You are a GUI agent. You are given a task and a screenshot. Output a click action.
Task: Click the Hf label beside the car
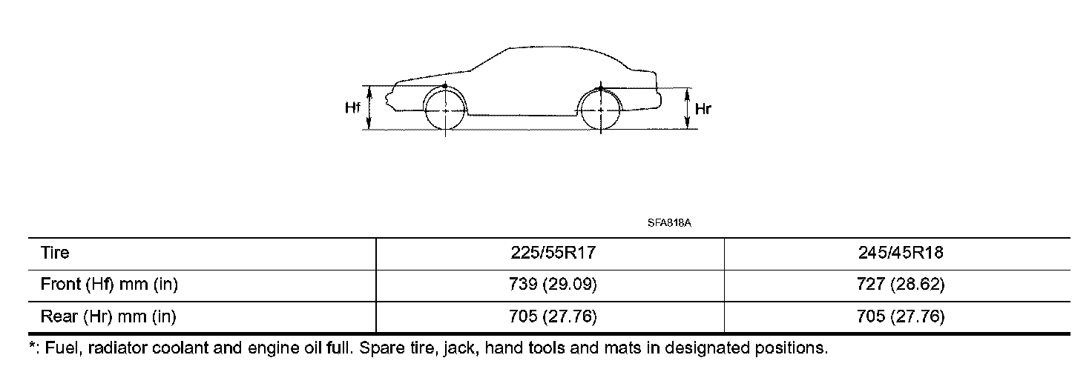[352, 107]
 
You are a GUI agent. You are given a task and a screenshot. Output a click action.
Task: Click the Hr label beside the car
[703, 109]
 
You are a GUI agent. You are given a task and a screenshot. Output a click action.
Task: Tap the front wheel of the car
[445, 110]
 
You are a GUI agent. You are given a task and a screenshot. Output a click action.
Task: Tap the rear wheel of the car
[601, 110]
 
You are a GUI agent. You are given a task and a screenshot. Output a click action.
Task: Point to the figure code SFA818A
[669, 223]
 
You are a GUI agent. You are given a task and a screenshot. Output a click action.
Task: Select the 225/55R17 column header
[553, 253]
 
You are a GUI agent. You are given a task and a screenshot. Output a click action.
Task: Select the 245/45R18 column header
[901, 253]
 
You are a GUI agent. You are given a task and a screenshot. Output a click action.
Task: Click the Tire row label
[55, 253]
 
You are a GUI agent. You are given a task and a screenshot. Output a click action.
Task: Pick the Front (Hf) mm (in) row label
[109, 284]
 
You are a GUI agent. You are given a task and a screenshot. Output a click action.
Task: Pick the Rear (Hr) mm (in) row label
[108, 316]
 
